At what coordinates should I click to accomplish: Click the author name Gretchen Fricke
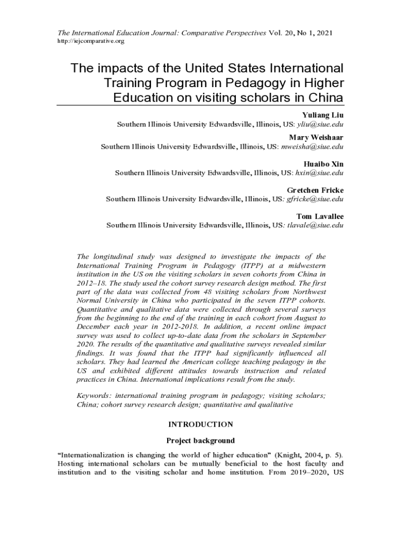click(x=315, y=190)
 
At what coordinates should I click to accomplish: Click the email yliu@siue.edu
click(x=320, y=125)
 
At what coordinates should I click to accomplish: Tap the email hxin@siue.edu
click(x=319, y=173)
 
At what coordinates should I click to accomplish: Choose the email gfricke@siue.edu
click(x=315, y=199)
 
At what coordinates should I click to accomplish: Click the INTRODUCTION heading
click(x=200, y=424)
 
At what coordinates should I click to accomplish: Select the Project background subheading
click(x=200, y=440)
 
